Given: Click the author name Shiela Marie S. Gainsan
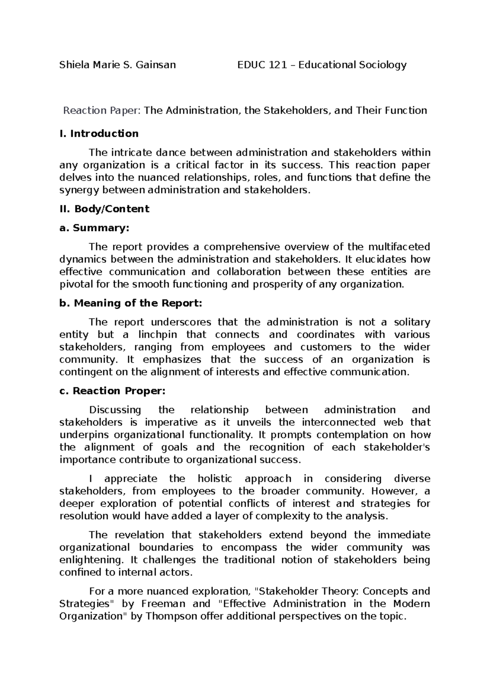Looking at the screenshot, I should click(118, 65).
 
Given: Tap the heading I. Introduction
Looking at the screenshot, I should click(99, 134).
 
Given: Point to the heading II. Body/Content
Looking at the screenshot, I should click(104, 209).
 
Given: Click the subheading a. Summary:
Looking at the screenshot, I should click(94, 228).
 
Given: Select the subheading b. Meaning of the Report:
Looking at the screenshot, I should click(131, 303).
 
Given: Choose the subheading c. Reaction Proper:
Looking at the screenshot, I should click(112, 391).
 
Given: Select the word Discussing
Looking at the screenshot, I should click(115, 410).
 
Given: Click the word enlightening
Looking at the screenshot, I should click(91, 560).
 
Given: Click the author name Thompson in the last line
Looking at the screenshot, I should click(171, 616).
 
